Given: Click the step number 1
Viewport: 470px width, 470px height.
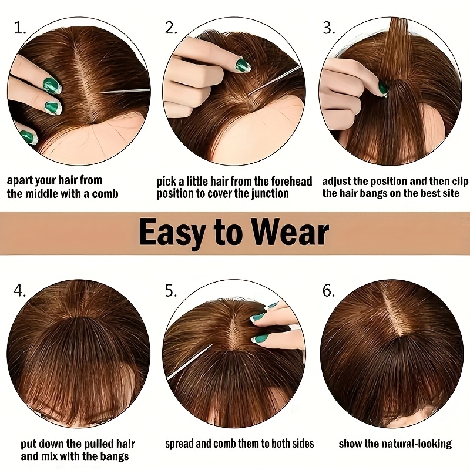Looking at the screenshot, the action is point(20,28).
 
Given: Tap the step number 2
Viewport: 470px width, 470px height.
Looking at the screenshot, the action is point(171,28).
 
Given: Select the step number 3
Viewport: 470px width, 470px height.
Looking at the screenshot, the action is point(329,28).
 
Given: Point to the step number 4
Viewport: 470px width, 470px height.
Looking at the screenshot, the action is point(19,290).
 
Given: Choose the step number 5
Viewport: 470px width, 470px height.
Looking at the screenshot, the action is point(171,290).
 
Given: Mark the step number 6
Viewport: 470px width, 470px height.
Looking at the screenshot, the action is point(329,290).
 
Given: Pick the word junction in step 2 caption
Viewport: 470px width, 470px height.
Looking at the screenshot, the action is point(270,194).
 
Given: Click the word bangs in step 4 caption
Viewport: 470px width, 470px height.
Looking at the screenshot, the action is point(113,456).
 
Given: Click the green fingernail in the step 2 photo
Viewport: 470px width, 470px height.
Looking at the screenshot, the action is point(241,65).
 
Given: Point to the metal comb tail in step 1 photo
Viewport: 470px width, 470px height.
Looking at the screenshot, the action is point(124,91).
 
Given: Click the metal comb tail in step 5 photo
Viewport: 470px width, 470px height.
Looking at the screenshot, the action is point(189,361).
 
